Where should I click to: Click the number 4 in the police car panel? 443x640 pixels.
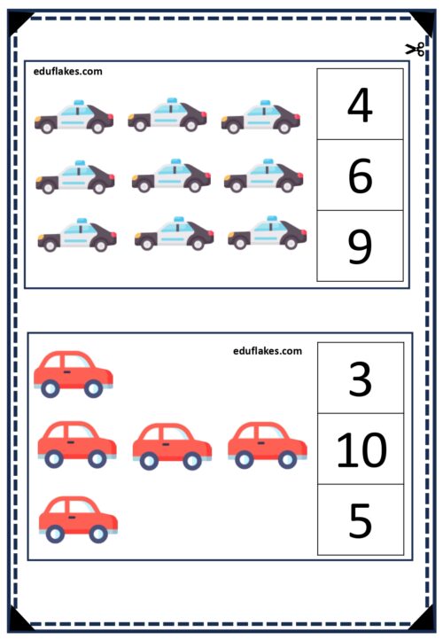[x=361, y=104]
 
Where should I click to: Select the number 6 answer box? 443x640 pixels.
[x=361, y=176]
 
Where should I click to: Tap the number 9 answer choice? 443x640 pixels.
[x=361, y=246]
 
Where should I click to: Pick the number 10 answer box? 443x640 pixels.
[x=361, y=449]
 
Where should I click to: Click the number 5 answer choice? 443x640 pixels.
[x=361, y=519]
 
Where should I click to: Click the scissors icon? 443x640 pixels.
[x=415, y=49]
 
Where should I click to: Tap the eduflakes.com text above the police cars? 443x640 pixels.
[x=67, y=72]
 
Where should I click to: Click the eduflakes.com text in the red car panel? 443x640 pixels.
[x=268, y=351]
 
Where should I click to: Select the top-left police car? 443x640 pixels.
[x=74, y=117]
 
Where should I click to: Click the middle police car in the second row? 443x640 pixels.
[x=171, y=176]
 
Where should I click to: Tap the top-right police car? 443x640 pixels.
[x=260, y=117]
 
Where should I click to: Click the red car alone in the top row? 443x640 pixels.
[x=74, y=374]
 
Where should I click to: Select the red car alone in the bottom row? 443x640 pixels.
[x=78, y=519]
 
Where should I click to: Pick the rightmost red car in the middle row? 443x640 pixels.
[x=268, y=445]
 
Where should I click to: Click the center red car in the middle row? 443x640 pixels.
[x=172, y=447]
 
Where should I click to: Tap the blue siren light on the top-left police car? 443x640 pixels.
[x=79, y=103]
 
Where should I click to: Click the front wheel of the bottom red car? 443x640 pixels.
[x=98, y=534]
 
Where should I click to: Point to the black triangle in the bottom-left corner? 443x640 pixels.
[x=17, y=620]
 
